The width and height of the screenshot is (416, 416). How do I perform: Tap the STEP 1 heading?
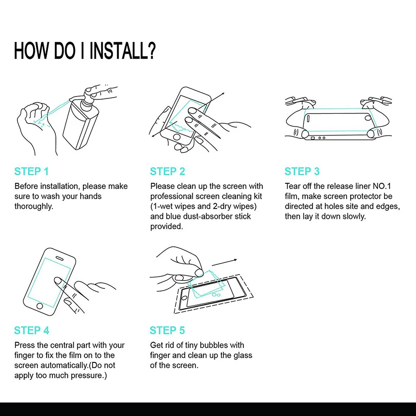(x=31, y=171)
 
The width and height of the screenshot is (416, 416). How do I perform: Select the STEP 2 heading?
(x=167, y=171)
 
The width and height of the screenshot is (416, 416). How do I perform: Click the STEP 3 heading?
(x=302, y=171)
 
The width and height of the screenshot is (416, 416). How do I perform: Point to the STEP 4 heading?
(x=32, y=330)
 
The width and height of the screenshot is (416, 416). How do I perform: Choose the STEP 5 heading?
(x=167, y=330)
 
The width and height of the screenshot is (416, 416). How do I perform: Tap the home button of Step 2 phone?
(x=177, y=137)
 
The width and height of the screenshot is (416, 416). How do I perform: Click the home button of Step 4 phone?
(x=40, y=306)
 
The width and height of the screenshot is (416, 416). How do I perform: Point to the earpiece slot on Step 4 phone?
(x=59, y=258)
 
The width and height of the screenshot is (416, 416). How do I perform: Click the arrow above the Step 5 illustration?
(x=224, y=262)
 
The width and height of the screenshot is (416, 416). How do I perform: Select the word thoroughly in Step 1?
(x=34, y=207)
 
